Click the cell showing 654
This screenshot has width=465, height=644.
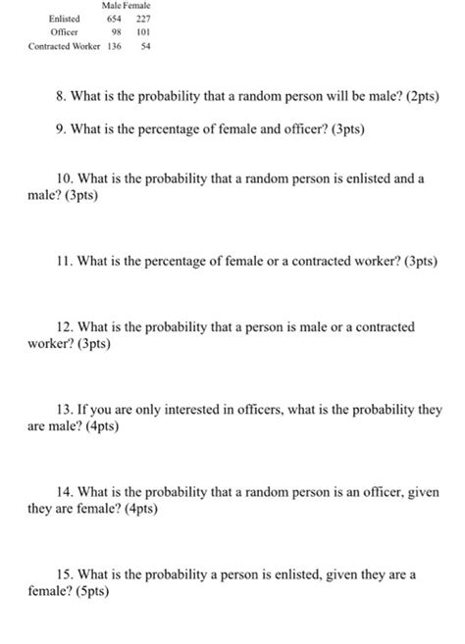click(x=114, y=19)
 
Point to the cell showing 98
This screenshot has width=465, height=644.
click(x=117, y=32)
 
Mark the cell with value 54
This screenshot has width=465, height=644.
click(x=144, y=46)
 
